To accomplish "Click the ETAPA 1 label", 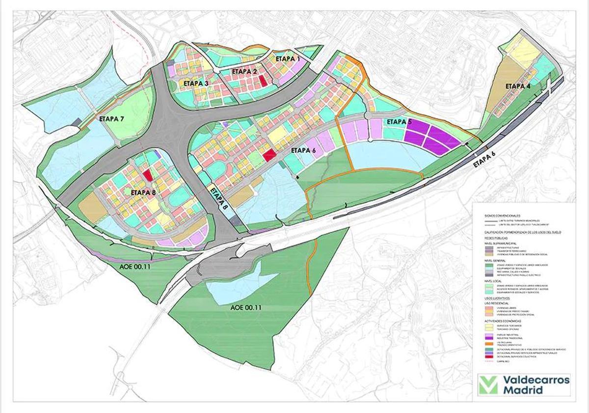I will [288, 58].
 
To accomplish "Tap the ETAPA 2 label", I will [244, 71].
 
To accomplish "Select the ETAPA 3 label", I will [196, 83].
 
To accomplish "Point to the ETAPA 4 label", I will [518, 86].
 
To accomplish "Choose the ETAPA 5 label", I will [399, 122].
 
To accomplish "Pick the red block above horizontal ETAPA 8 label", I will [148, 175].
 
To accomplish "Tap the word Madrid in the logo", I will [523, 390].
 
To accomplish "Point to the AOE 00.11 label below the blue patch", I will [245, 308].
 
